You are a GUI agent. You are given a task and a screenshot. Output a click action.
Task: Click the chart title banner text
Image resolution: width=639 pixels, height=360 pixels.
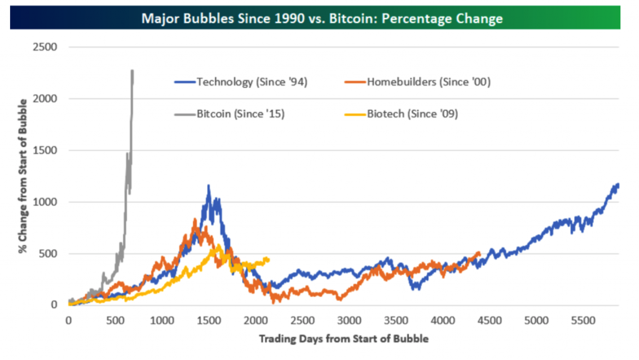point(322,18)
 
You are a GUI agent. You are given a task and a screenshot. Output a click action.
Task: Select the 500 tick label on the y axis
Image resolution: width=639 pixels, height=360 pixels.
point(49,253)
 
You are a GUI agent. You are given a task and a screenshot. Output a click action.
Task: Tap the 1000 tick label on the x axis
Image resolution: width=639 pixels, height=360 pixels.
point(162,321)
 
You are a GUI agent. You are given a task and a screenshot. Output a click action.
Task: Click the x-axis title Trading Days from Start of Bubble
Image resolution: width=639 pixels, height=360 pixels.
point(343,339)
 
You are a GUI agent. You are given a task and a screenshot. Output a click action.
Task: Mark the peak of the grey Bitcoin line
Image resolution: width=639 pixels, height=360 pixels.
point(132,71)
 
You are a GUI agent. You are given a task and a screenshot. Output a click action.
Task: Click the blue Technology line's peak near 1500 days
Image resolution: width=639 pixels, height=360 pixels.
point(208,185)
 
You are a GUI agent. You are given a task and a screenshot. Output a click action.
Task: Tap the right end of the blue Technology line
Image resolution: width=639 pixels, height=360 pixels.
point(618,184)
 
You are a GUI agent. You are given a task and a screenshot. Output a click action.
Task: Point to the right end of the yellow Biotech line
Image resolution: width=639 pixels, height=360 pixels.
point(268,259)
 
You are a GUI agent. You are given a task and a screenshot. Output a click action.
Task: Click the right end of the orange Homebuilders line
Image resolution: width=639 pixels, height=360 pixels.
point(479,253)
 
